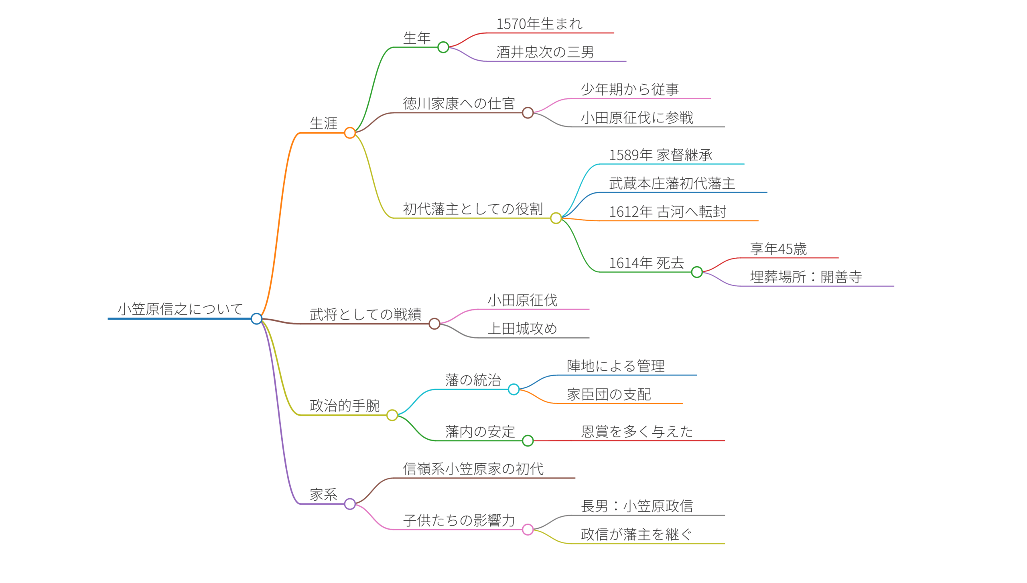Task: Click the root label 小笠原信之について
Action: pyautogui.click(x=180, y=309)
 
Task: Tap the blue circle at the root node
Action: pyautogui.click(x=256, y=319)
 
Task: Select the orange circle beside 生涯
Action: pyautogui.click(x=350, y=133)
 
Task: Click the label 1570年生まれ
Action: pyautogui.click(x=540, y=24)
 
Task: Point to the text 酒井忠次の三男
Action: pyautogui.click(x=545, y=52)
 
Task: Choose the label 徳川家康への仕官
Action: pyautogui.click(x=459, y=104)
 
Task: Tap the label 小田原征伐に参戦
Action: pyautogui.click(x=637, y=118)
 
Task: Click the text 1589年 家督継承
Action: pyautogui.click(x=661, y=155)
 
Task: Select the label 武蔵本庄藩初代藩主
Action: pyautogui.click(x=672, y=183)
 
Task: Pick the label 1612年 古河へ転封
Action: pyautogui.click(x=668, y=212)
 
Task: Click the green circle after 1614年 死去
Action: pyautogui.click(x=697, y=272)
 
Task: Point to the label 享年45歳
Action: pyautogui.click(x=778, y=249)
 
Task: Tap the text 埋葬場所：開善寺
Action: pyautogui.click(x=806, y=277)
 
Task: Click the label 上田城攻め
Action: pyautogui.click(x=522, y=328)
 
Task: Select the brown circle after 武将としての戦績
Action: pyautogui.click(x=434, y=324)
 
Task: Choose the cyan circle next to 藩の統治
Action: pyautogui.click(x=513, y=389)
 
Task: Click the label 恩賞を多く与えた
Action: pyautogui.click(x=637, y=432)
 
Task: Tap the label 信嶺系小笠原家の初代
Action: pyautogui.click(x=473, y=469)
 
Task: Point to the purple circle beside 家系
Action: pyautogui.click(x=350, y=504)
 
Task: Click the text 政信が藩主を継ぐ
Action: pyautogui.click(x=636, y=534)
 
